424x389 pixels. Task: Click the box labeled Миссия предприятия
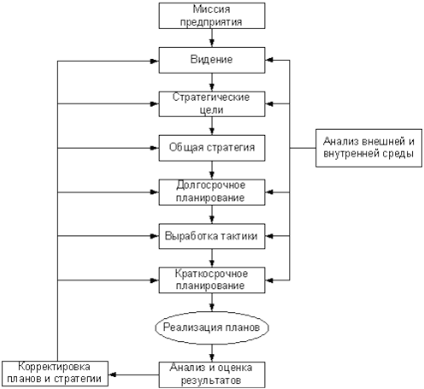(212, 16)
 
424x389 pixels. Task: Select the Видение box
(212, 60)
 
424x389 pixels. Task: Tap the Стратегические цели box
(212, 104)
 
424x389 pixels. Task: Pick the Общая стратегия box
(212, 148)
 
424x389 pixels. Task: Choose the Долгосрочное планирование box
(212, 192)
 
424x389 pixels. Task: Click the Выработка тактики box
(212, 236)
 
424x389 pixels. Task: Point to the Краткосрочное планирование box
(212, 280)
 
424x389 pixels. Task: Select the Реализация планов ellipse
(212, 327)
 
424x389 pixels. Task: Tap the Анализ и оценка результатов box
(212, 374)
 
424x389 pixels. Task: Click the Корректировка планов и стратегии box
(55, 374)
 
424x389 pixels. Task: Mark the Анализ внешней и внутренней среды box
(368, 148)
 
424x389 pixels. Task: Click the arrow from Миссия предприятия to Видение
(212, 38)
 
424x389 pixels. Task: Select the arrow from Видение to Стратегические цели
(212, 82)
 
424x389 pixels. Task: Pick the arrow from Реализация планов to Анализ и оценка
(212, 353)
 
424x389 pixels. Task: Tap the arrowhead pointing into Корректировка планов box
(112, 374)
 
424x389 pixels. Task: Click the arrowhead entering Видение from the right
(269, 60)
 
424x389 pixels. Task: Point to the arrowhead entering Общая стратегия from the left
(155, 148)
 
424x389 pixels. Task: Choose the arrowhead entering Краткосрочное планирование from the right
(269, 280)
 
